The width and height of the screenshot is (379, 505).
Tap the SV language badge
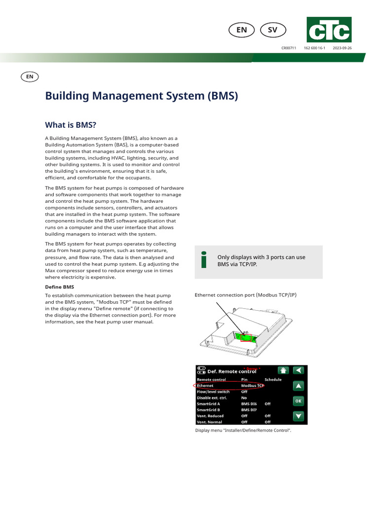(x=272, y=30)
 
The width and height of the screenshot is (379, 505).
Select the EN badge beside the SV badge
(x=241, y=30)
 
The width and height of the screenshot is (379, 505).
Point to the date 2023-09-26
(x=342, y=48)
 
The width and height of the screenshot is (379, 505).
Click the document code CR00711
(x=289, y=48)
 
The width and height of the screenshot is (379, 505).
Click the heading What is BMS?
(x=71, y=125)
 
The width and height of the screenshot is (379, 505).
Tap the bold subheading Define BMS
(x=59, y=287)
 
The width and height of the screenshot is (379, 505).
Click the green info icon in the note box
(x=204, y=260)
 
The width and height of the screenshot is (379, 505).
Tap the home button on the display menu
(x=283, y=370)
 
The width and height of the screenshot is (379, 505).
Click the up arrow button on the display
(x=299, y=386)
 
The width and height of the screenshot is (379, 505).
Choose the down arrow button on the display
(x=299, y=416)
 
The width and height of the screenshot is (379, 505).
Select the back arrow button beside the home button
(x=299, y=370)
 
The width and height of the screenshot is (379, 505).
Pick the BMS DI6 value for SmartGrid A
(x=249, y=404)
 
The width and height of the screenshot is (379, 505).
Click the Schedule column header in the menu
(x=273, y=380)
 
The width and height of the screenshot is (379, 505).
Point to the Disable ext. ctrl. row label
(x=211, y=397)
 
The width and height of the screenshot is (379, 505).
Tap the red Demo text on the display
(x=252, y=368)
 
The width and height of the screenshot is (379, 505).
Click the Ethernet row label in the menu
(x=205, y=386)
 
